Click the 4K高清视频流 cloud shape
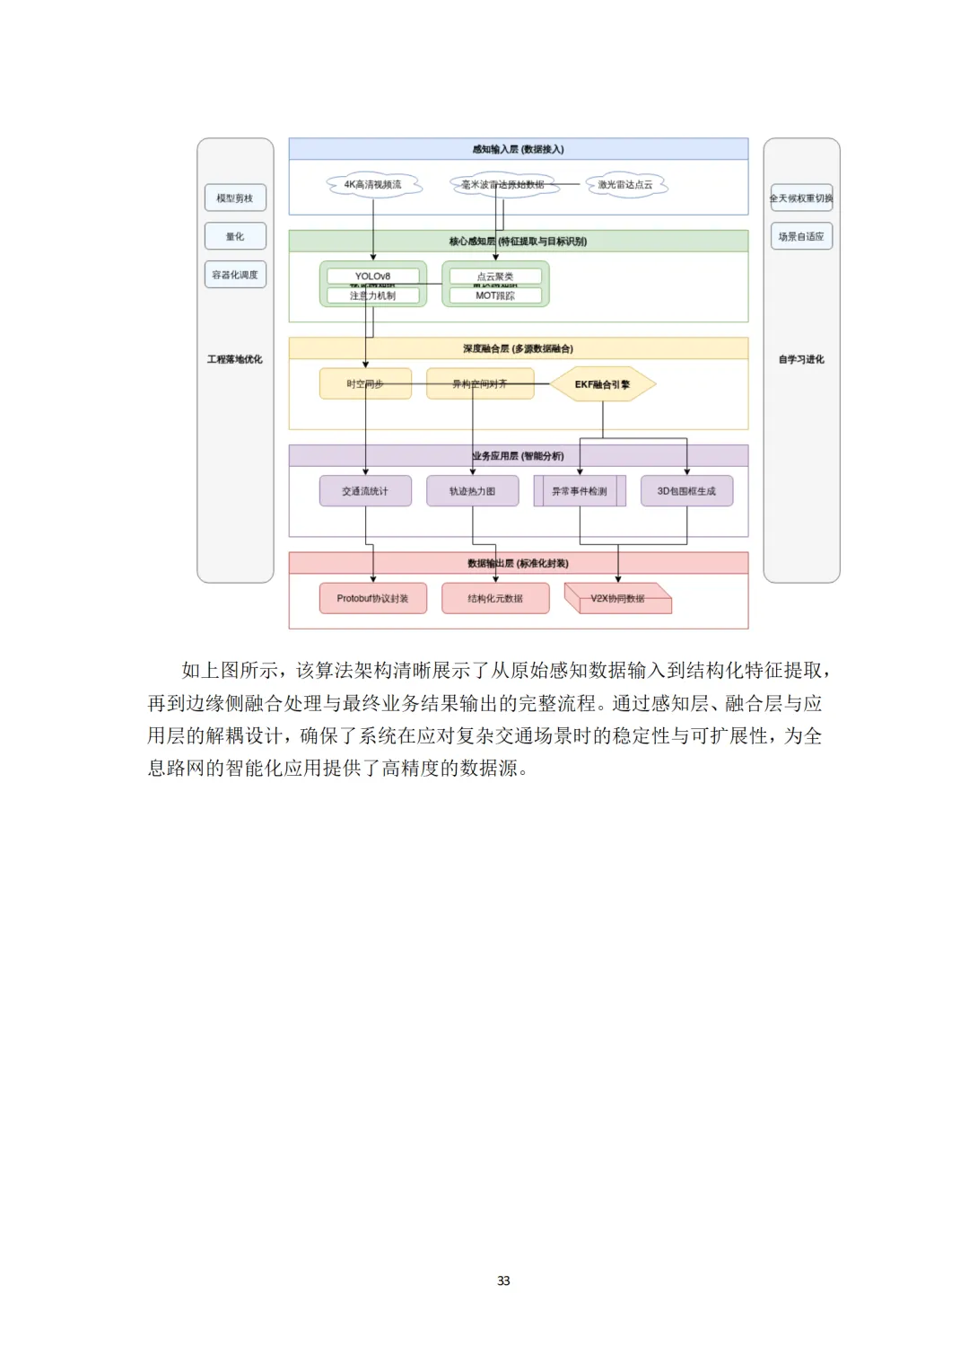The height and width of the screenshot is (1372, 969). click(373, 185)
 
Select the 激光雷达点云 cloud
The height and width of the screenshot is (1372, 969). click(625, 185)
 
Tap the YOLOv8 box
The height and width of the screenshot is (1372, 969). click(373, 276)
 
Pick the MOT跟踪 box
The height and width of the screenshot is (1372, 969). click(495, 295)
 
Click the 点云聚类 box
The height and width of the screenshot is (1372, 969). click(495, 276)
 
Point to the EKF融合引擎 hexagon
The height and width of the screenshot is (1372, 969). click(602, 384)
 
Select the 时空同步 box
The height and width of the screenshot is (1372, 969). click(365, 383)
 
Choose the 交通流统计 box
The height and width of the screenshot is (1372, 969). click(365, 491)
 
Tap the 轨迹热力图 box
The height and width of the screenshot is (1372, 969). click(473, 491)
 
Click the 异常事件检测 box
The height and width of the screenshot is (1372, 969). click(580, 491)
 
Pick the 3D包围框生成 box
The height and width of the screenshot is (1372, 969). click(686, 491)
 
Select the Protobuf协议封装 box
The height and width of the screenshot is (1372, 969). click(373, 598)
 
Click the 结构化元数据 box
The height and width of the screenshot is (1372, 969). click(495, 598)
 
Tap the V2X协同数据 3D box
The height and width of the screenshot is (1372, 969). click(617, 599)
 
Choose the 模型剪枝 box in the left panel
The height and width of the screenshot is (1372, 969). click(235, 198)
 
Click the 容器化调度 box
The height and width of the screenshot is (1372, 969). click(235, 275)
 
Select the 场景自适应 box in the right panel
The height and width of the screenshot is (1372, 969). click(801, 237)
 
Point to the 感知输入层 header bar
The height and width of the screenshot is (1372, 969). click(519, 149)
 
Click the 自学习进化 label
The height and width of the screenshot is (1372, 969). click(801, 359)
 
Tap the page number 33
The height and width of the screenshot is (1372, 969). click(503, 1280)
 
